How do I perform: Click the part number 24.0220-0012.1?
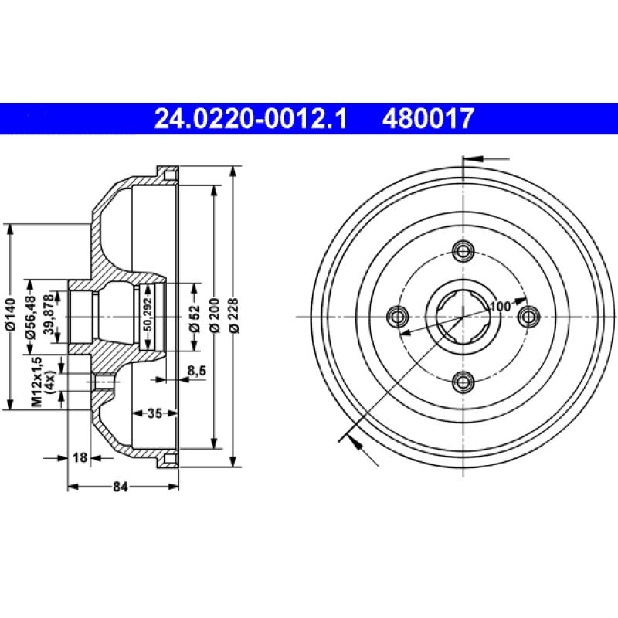tap(251, 117)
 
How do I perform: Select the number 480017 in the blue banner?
tap(426, 117)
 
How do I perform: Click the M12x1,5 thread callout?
tap(36, 382)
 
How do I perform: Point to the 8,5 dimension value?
tap(197, 372)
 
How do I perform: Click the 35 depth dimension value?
tap(154, 413)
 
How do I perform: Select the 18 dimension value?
tap(79, 457)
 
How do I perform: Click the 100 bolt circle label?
tap(501, 306)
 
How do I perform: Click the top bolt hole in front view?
tap(463, 251)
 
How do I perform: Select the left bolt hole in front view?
tap(399, 316)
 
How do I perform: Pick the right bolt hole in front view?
tap(528, 316)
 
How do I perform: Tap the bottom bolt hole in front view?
tap(463, 381)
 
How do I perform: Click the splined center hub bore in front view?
tap(463, 316)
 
